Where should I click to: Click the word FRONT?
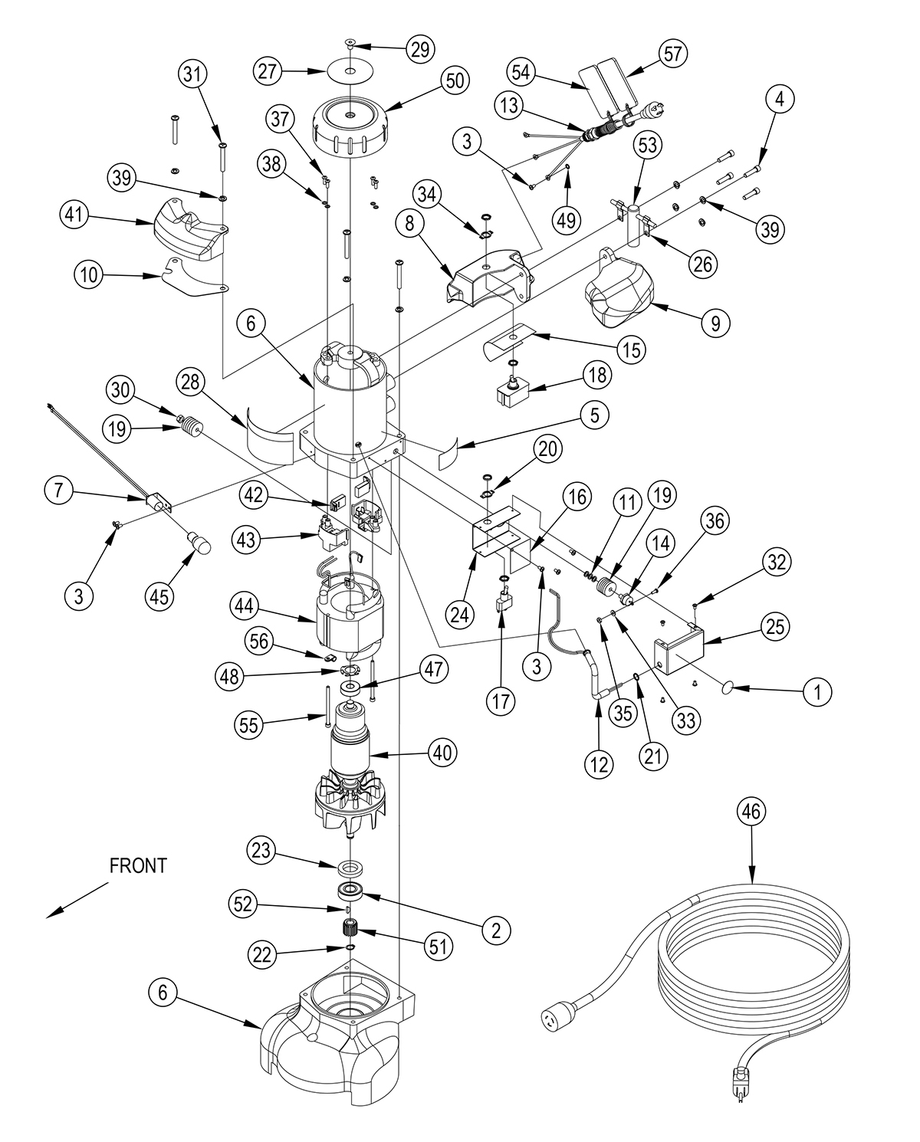pyautogui.click(x=138, y=866)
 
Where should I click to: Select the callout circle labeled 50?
pyautogui.click(x=455, y=81)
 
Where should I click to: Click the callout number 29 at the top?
pyautogui.click(x=420, y=48)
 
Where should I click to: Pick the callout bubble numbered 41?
pyautogui.click(x=74, y=215)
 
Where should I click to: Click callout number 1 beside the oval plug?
pyautogui.click(x=817, y=692)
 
